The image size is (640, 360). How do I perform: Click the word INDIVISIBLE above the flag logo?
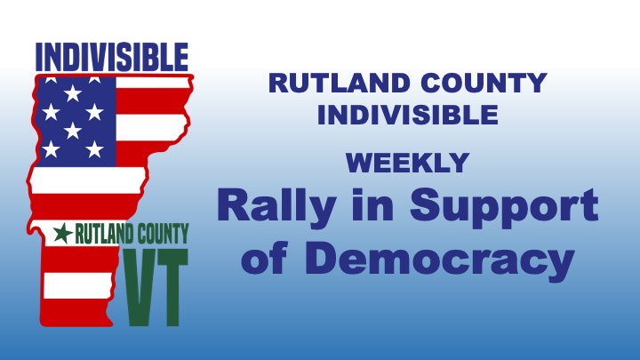pos(111,58)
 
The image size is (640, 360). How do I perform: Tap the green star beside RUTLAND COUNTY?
pos(62,234)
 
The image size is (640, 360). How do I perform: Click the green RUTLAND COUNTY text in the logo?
pos(132,234)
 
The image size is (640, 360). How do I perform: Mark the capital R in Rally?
pos(231,205)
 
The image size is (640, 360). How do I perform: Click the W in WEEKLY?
pos(357,163)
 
